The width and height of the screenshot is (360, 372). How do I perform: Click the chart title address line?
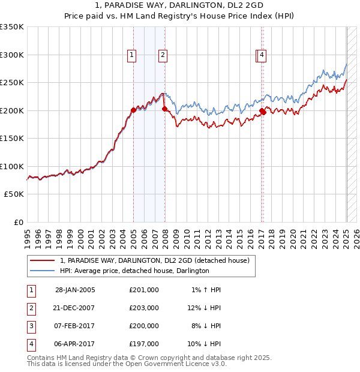(179, 5)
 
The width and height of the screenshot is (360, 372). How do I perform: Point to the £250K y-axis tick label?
(12, 82)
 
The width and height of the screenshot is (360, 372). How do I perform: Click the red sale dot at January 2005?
(133, 110)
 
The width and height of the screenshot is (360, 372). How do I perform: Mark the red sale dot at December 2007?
(164, 109)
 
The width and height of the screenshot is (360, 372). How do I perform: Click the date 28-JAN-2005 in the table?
(74, 290)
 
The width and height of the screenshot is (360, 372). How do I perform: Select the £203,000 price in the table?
(144, 308)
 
